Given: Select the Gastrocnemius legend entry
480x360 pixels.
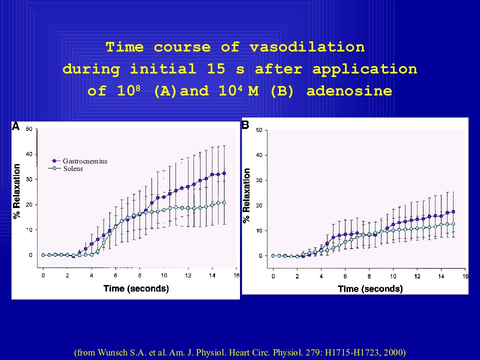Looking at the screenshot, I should click(x=85, y=161).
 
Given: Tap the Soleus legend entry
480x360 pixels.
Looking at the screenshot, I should click(x=73, y=168).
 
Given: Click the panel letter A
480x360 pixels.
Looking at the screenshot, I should click(x=15, y=126).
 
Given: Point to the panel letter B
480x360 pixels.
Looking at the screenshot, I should click(x=245, y=125).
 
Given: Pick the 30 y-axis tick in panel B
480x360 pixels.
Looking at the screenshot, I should click(x=259, y=180).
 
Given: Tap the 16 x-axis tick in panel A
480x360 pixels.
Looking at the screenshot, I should click(x=236, y=275).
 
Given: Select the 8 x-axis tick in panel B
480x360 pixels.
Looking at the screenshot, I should click(x=369, y=276).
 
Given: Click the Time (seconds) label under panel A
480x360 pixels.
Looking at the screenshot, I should click(x=136, y=288).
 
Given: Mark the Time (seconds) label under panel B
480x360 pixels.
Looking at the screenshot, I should click(x=370, y=289).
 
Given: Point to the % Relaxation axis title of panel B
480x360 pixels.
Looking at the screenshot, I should click(x=246, y=195).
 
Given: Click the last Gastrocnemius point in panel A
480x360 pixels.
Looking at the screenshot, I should click(x=224, y=173).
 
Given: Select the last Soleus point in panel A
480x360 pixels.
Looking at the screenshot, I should click(x=224, y=202).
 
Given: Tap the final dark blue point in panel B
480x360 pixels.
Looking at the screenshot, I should click(x=453, y=211).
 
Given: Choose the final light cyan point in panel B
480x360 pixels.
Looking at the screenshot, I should click(x=453, y=224).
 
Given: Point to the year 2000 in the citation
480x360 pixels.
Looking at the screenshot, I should click(x=393, y=352).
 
